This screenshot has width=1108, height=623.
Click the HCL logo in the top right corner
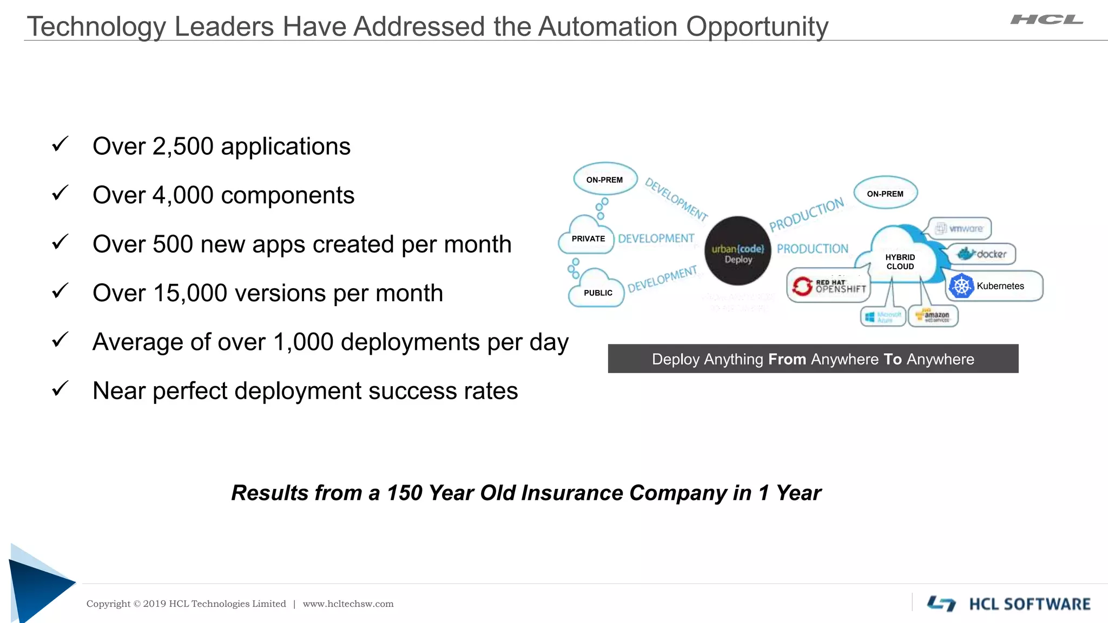pyautogui.click(x=1046, y=20)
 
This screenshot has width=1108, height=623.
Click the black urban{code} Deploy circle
pyautogui.click(x=738, y=251)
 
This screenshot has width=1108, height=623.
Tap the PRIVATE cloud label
pyautogui.click(x=588, y=238)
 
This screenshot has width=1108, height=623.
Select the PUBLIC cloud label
pyautogui.click(x=598, y=293)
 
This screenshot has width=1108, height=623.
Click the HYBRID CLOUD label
pyautogui.click(x=900, y=262)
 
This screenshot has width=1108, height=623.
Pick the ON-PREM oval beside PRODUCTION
pyautogui.click(x=885, y=194)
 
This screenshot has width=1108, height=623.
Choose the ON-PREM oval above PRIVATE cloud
pyautogui.click(x=605, y=180)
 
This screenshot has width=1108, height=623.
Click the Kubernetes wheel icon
pyautogui.click(x=961, y=286)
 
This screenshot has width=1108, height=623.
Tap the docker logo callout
pyautogui.click(x=982, y=254)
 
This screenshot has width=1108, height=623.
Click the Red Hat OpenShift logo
pyautogui.click(x=828, y=286)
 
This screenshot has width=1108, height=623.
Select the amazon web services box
pyautogui.click(x=933, y=316)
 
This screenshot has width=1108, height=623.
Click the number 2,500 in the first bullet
pyautogui.click(x=183, y=147)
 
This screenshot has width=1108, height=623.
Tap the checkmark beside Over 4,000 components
pyautogui.click(x=60, y=193)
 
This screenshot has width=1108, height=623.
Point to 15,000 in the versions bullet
pyautogui.click(x=189, y=293)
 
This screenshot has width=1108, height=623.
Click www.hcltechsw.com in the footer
pyautogui.click(x=348, y=604)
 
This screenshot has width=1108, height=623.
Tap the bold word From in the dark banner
pyautogui.click(x=787, y=359)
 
